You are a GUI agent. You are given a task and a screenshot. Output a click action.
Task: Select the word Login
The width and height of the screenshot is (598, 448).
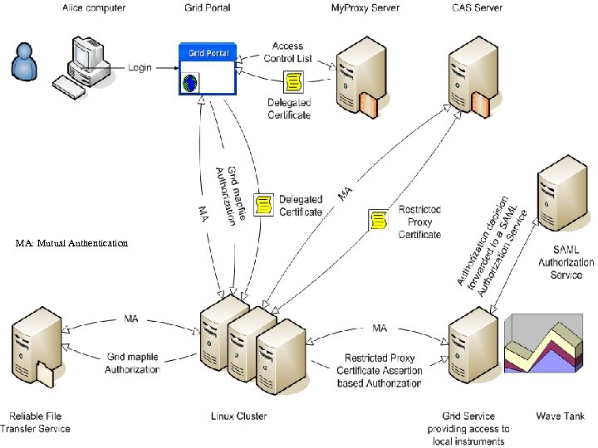[140, 67]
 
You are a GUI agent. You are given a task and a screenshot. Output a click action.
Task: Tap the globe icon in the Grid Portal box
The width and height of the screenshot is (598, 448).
[190, 84]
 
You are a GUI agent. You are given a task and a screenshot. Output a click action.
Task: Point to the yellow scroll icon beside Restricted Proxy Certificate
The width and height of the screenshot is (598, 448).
[379, 221]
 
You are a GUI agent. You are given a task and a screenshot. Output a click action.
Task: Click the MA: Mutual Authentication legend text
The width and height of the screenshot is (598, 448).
[72, 243]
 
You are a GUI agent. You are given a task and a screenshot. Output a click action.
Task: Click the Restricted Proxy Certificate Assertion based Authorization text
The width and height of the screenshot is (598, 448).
[380, 371]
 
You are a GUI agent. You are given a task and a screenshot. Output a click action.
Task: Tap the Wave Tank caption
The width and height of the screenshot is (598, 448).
[561, 416]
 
